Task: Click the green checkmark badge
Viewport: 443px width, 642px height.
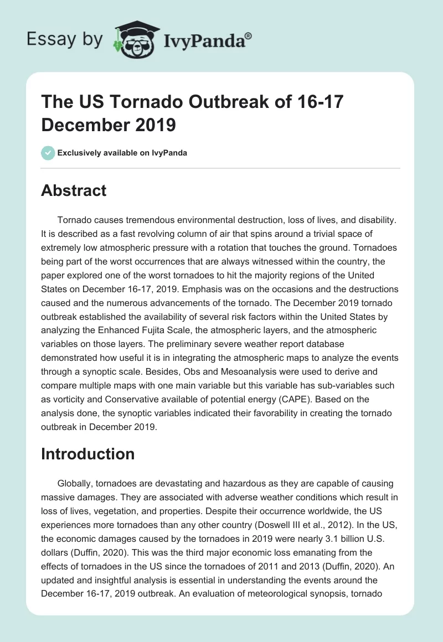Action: (x=48, y=153)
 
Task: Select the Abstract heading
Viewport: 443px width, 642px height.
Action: (x=74, y=190)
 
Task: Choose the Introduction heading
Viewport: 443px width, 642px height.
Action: (x=88, y=454)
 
